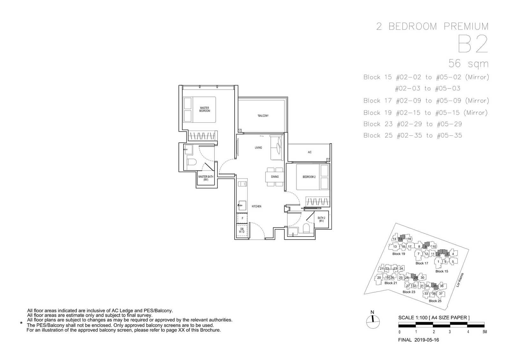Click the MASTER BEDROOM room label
point(204,110)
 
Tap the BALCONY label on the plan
point(263,116)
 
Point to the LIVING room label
point(258,148)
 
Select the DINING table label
point(275,177)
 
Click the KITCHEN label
point(256,206)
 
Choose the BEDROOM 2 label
point(309,177)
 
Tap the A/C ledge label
point(310,152)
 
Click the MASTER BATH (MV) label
point(206,178)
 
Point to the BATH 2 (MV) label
point(321,220)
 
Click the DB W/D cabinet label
point(242,230)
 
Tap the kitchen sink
point(242,206)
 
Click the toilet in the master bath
point(192,162)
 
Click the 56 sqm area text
point(468,63)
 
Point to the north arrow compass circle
point(373,322)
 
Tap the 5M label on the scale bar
point(484,332)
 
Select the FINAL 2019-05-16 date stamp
point(419,340)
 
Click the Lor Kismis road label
point(460,280)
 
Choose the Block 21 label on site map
point(391,283)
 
